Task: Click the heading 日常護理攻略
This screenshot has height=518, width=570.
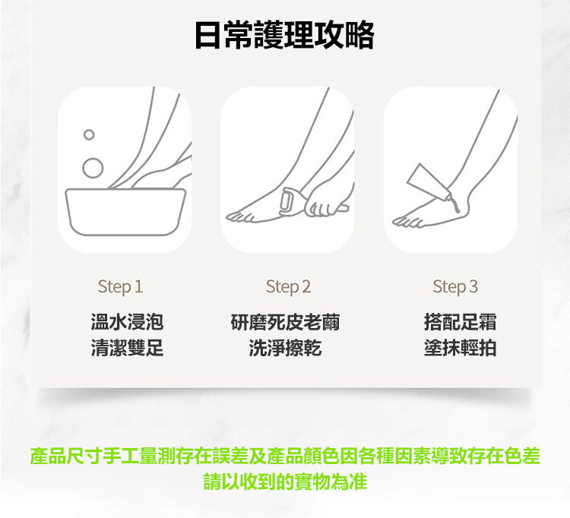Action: point(285,35)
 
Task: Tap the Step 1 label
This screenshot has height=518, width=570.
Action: point(120,286)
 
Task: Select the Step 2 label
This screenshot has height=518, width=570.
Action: point(288,286)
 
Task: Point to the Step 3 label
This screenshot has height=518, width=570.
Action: point(455,286)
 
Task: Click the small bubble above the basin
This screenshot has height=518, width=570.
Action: point(89,134)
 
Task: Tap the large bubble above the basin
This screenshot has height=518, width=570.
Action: point(93,168)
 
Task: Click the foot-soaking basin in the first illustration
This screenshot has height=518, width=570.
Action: point(125,212)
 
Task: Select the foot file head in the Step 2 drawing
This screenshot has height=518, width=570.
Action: point(287,202)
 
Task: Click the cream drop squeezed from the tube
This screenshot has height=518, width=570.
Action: point(456,207)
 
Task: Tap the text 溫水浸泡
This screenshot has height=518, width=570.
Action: point(127,322)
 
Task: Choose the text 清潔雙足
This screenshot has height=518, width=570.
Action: point(127,348)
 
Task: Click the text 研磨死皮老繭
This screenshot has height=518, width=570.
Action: point(285,322)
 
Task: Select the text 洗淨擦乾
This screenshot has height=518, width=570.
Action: point(285,348)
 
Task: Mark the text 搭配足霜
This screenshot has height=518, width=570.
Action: point(460,322)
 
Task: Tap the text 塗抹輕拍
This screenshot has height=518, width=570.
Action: point(460,348)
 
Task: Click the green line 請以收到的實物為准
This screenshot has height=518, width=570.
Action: point(285,482)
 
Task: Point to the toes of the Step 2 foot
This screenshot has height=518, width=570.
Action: point(240,217)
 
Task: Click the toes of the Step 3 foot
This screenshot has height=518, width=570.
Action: point(407,221)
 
